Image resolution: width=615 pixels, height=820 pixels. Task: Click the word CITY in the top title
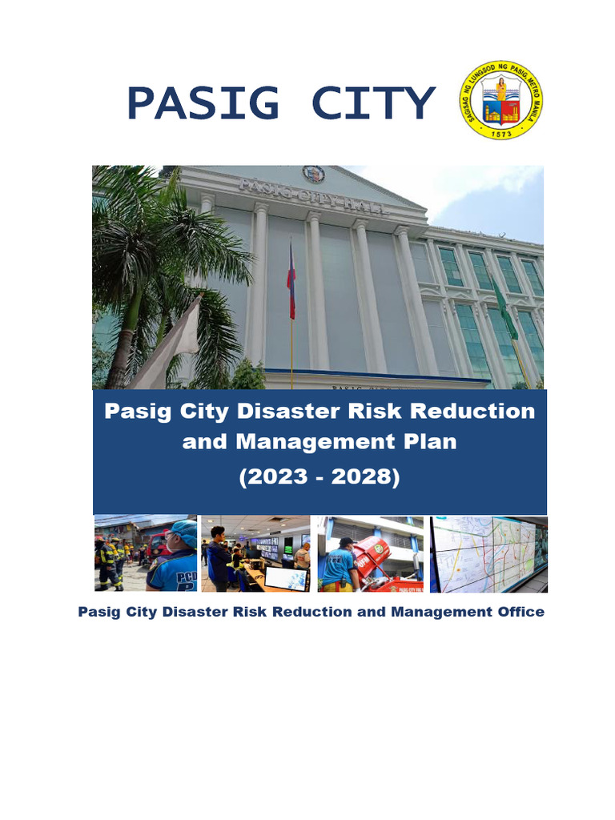372,103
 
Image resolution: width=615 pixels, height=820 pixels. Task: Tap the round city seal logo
501,100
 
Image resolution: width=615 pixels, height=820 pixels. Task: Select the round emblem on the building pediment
314,174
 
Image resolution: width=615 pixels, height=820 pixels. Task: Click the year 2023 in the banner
276,476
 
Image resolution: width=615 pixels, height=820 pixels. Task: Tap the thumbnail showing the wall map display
488,554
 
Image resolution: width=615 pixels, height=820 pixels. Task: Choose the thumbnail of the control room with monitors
255,554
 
